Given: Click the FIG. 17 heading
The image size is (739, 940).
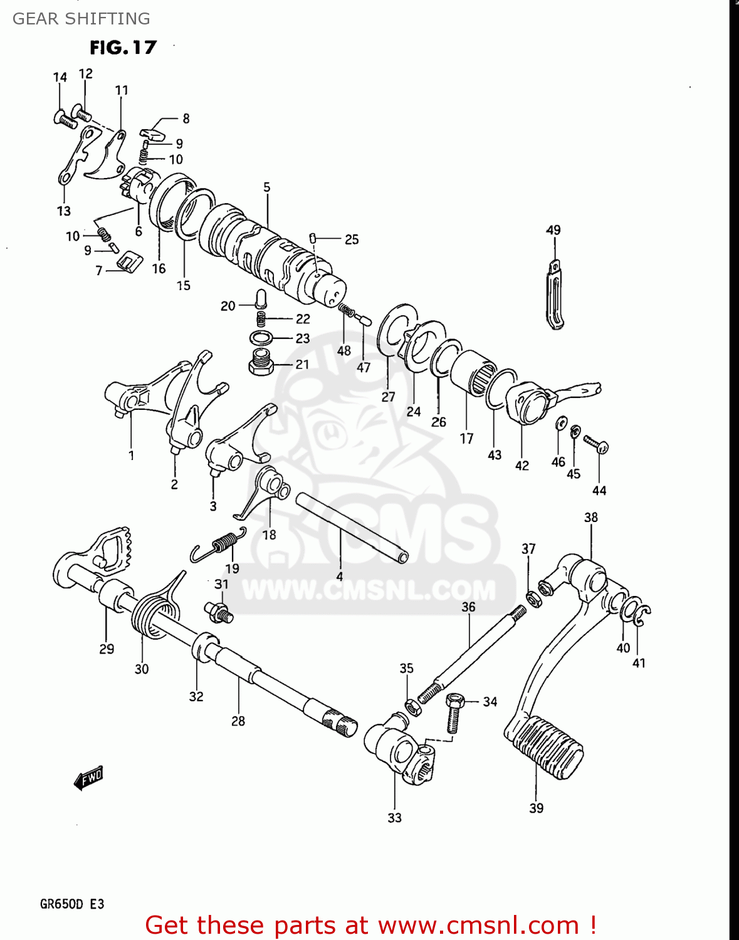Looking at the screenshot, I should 123,48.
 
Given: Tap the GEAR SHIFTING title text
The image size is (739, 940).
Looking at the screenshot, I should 81,19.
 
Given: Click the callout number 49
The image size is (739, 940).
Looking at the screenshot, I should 553,230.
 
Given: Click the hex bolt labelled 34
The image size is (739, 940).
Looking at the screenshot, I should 454,711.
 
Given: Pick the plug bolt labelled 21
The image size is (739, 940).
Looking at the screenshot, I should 261,362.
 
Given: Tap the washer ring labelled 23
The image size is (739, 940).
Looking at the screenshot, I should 261,338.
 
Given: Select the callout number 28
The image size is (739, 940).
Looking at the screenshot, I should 238,721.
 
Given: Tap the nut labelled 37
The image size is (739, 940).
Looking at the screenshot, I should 533,600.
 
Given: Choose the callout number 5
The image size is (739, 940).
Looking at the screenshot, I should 267,187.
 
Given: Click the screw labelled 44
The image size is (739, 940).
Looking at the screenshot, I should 595,444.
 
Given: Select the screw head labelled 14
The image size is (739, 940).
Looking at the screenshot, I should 64,118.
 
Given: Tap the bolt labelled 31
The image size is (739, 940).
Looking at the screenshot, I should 218,612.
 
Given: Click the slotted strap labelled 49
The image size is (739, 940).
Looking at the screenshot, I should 555,295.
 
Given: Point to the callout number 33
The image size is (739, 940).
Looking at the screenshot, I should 394,818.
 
